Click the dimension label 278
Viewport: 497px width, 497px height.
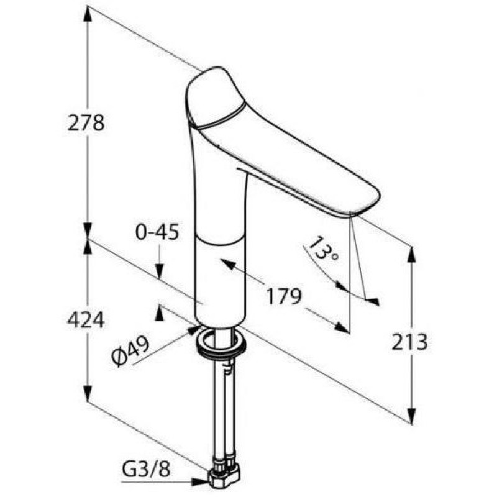tap(86, 123)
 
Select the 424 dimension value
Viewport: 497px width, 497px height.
tap(86, 320)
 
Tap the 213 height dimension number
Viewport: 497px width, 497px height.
tap(409, 342)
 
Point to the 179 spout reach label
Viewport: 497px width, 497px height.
tap(284, 297)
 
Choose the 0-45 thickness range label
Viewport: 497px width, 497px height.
tap(157, 232)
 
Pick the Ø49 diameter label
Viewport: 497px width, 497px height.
tap(130, 351)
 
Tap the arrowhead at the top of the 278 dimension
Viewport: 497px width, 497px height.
tap(88, 14)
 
